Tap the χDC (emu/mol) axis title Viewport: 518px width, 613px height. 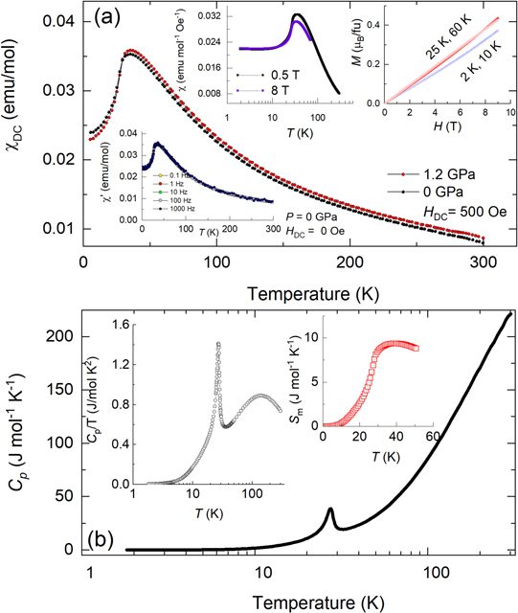(x=16, y=125)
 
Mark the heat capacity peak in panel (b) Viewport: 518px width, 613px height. (x=330, y=510)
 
